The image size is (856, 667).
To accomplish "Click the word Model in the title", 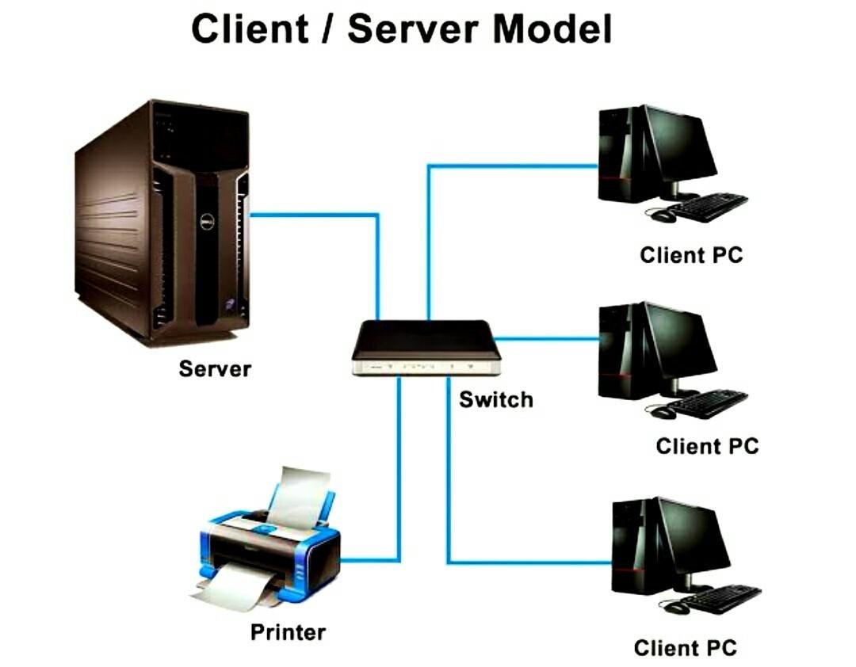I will pos(552,29).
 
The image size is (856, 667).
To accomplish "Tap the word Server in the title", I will pos(415,29).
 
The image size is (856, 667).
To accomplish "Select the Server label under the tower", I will pos(215,368).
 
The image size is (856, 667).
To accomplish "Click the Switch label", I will pos(495,399).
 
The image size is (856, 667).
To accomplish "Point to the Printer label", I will pos(288,631).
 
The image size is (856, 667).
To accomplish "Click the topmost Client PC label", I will pos(691,255).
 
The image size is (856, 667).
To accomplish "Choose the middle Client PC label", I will pos(707,445).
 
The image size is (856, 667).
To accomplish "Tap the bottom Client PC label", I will pos(685,647).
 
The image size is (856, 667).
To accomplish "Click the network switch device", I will pos(426,347).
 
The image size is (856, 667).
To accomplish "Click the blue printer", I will pos(269,547).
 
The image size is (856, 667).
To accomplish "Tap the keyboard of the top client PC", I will pos(708,207).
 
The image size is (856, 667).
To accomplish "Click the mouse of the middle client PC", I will pos(663,412).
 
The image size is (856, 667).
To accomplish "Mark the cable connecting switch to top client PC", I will pos(507,166).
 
